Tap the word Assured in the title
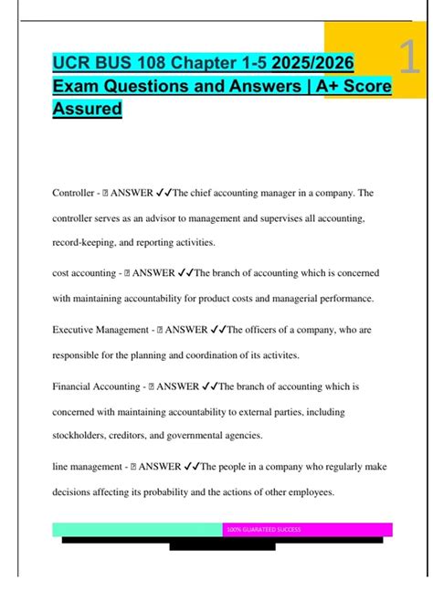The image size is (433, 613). pos(87,111)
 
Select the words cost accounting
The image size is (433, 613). pos(86,272)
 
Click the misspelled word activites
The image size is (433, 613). pos(308,355)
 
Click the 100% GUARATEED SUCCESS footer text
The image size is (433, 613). pos(263,530)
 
